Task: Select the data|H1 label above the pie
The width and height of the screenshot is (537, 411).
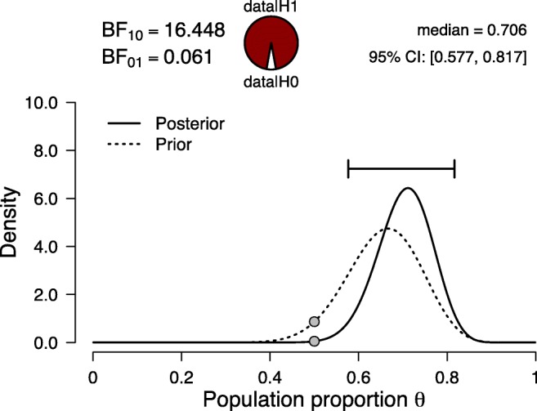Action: tap(271, 7)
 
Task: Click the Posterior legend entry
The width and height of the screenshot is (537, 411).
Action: tap(189, 124)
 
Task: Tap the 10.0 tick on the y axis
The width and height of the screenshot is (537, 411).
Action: tap(64, 104)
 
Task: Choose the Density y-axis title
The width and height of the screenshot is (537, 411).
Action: tap(15, 223)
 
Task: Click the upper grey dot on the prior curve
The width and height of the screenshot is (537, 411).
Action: tap(314, 322)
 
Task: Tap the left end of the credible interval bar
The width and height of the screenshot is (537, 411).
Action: tap(349, 170)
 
